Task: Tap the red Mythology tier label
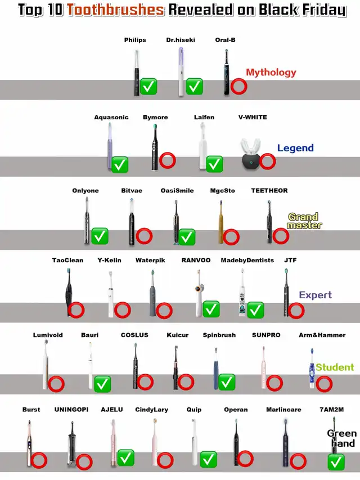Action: point(271,72)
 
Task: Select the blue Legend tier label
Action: point(295,148)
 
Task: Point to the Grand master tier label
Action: point(304,221)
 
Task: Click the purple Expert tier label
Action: point(315,295)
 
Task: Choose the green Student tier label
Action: point(335,367)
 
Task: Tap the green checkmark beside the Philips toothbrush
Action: point(149,87)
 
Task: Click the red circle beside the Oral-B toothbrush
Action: point(238,86)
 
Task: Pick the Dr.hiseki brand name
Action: point(180,40)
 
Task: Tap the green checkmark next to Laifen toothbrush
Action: point(214,164)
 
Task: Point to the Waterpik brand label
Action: point(150,260)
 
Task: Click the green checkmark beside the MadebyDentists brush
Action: point(255,309)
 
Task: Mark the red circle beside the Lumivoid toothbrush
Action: point(56,384)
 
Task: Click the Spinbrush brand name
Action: point(219,335)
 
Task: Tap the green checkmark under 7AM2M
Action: point(336,463)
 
